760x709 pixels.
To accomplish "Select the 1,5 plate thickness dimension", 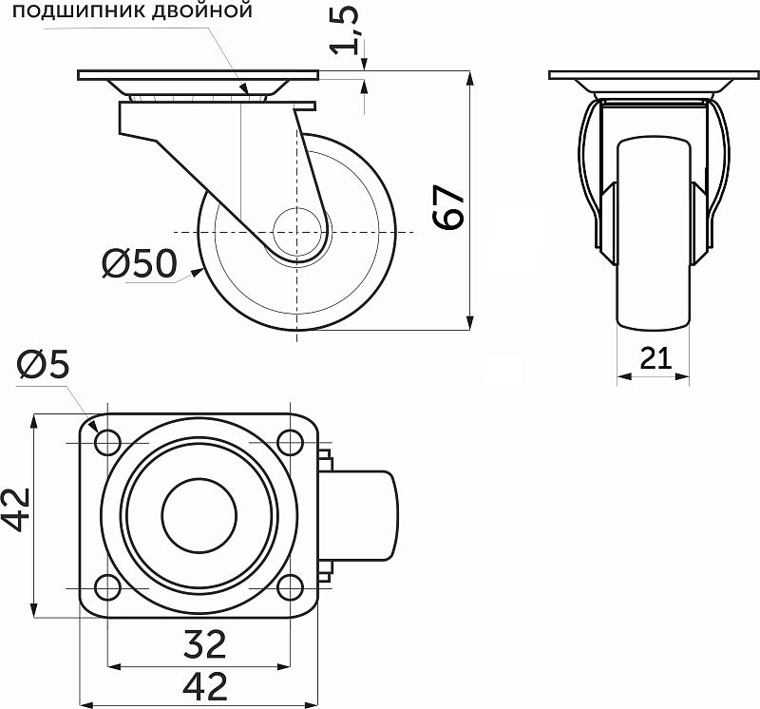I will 350,29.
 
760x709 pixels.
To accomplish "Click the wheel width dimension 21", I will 655,358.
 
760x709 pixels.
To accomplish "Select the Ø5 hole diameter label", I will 44,364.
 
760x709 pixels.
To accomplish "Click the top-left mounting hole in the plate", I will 106,441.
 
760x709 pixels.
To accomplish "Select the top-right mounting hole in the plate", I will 289,441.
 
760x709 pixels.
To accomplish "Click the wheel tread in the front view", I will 654,238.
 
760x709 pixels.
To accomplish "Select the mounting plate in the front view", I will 654,75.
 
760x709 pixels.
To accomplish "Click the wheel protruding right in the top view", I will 366,514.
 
